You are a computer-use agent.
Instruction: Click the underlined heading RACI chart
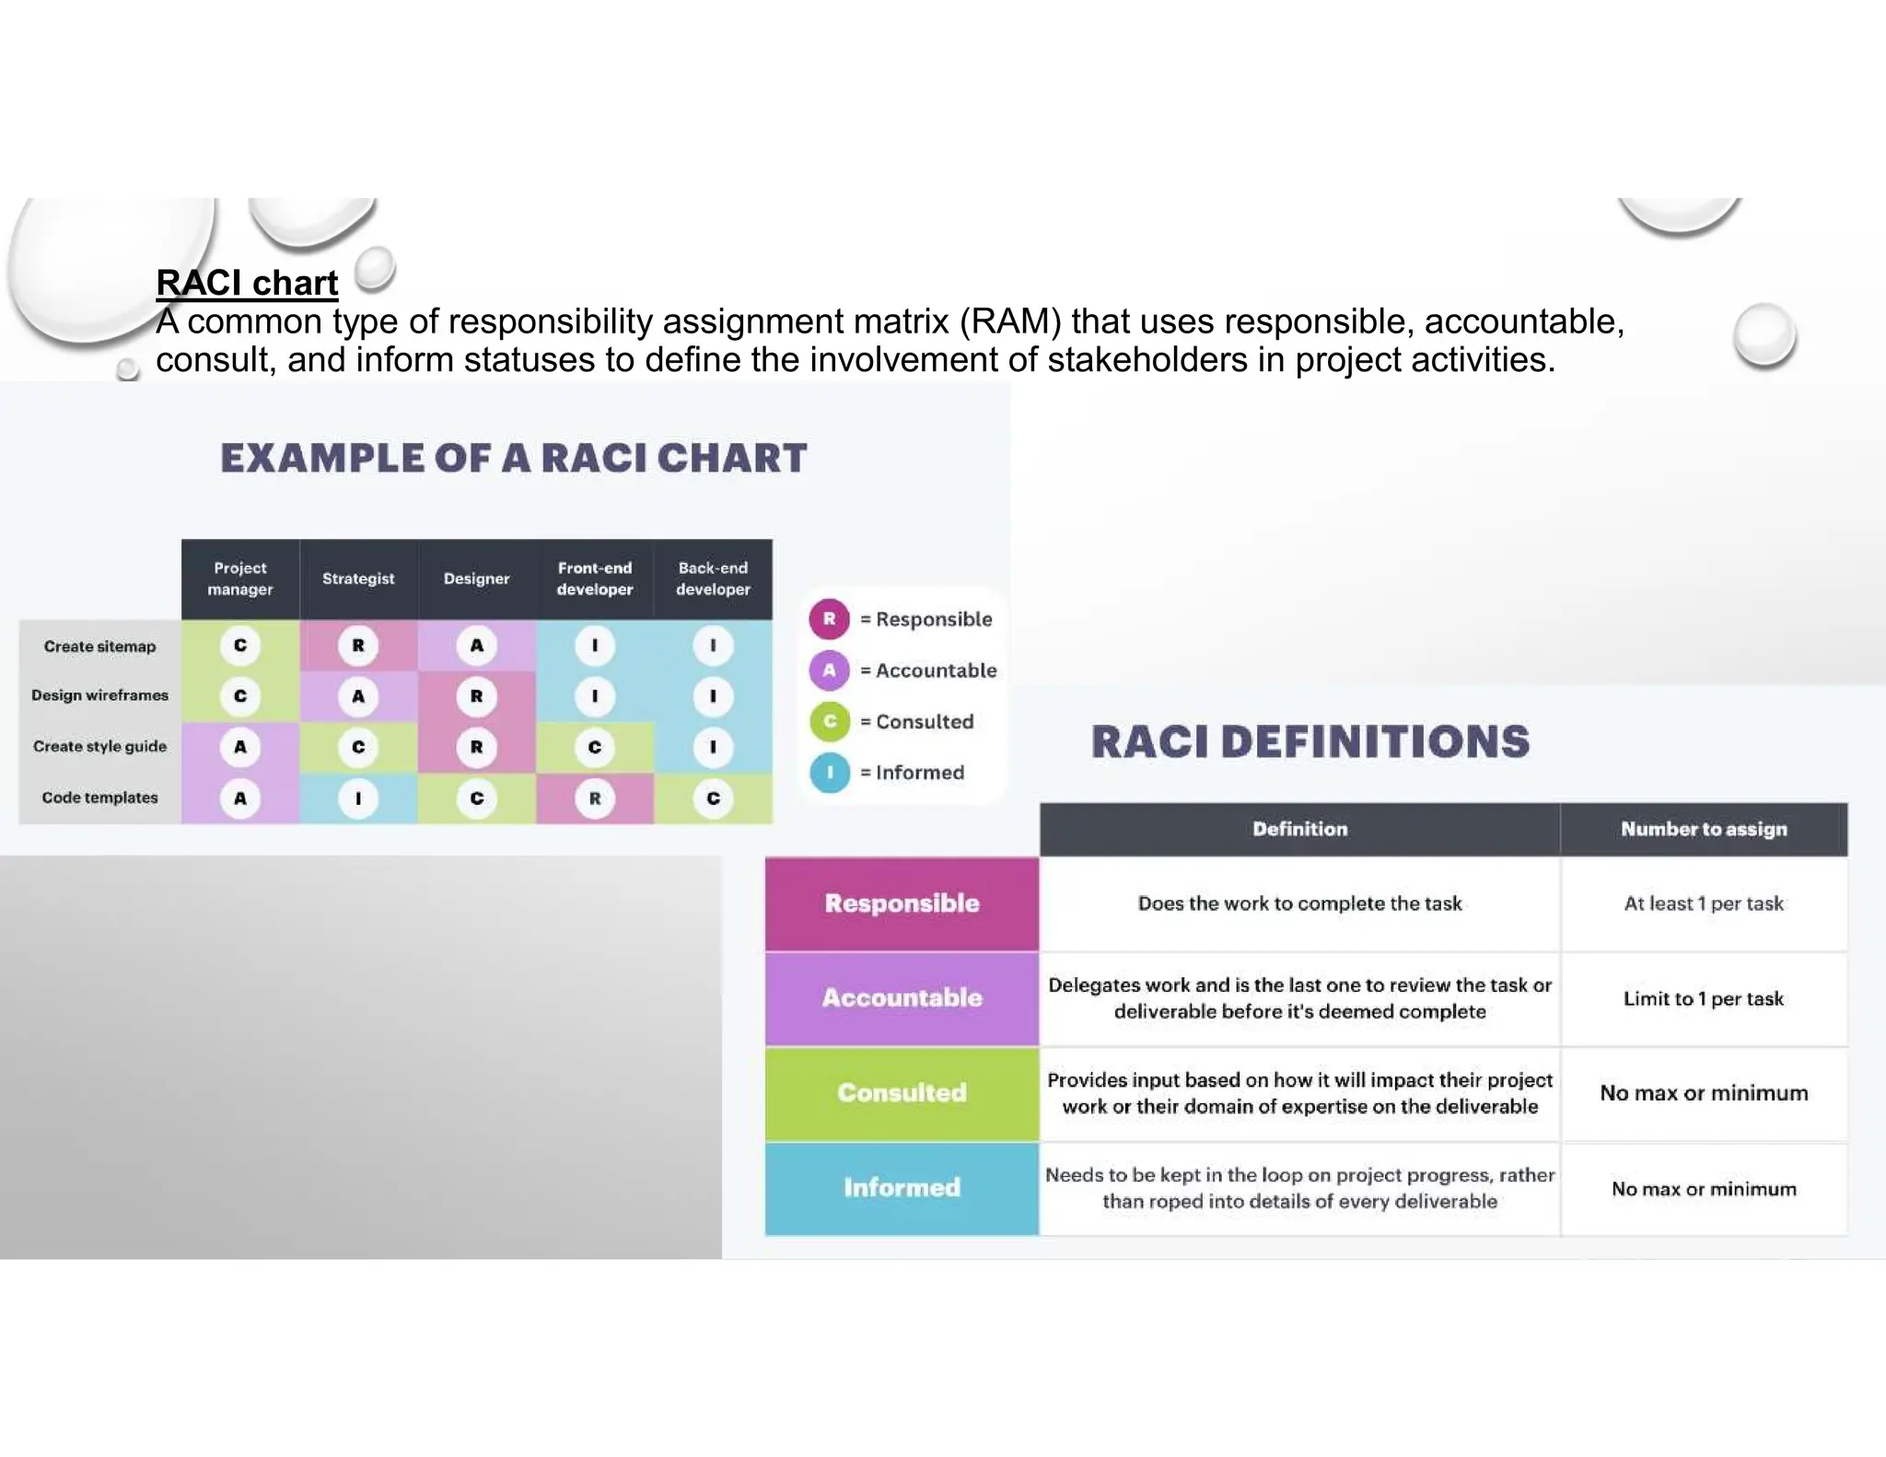click(247, 283)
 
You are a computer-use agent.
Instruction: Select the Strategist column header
click(358, 578)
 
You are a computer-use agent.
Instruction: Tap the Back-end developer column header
click(713, 578)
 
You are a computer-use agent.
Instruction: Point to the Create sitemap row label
click(99, 647)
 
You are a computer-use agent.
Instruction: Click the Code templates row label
click(99, 798)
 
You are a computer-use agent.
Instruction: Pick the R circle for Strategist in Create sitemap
click(358, 646)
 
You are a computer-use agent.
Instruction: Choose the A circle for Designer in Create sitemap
click(476, 646)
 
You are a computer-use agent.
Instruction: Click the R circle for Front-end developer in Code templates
click(595, 798)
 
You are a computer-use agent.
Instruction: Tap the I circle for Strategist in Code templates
click(358, 798)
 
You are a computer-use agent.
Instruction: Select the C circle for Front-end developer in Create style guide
click(595, 747)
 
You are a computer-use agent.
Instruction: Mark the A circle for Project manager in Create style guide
click(240, 747)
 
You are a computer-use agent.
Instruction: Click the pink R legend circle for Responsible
click(829, 619)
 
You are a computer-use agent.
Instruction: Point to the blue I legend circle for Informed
click(829, 773)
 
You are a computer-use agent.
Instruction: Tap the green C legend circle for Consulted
click(829, 721)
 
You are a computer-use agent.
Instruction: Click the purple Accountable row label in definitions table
click(902, 998)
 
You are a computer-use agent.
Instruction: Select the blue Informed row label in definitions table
click(902, 1188)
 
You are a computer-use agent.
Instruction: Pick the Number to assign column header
click(1704, 829)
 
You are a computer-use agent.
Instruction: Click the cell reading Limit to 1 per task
click(1704, 998)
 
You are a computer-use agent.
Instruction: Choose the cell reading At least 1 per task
click(1704, 903)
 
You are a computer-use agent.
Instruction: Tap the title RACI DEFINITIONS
click(1310, 742)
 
